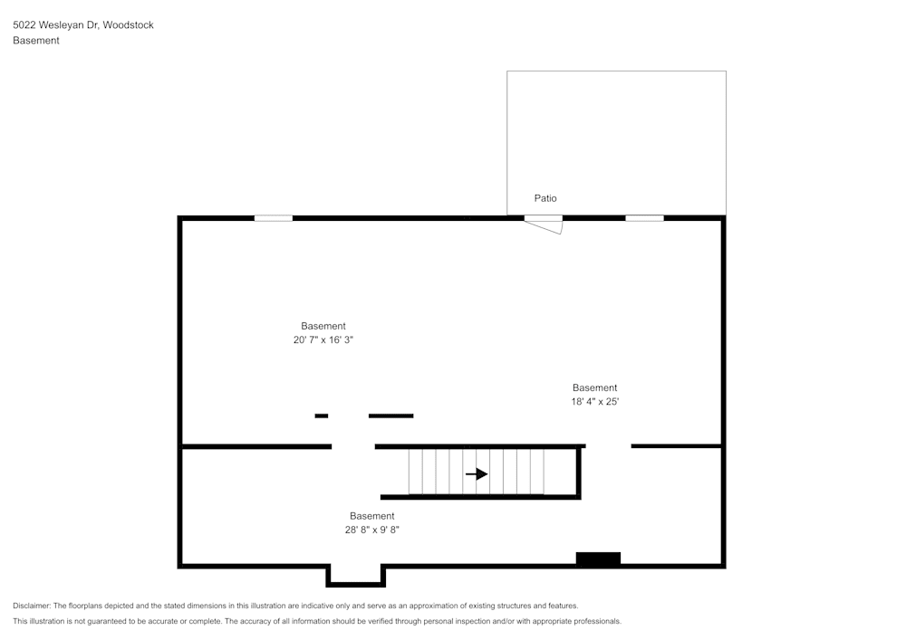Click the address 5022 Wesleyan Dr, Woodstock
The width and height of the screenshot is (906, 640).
82,25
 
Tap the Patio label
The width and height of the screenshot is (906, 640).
545,198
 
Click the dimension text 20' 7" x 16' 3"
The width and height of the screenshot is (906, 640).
323,340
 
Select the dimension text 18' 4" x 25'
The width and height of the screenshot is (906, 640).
594,402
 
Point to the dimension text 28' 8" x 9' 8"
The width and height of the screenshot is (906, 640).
371,530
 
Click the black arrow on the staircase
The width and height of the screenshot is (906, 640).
477,473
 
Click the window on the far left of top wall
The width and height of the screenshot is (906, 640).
273,218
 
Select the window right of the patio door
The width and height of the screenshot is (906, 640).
644,218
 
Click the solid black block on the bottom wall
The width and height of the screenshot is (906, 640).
598,559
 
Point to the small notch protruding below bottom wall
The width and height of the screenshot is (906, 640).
356,577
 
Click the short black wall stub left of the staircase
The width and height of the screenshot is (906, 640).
321,416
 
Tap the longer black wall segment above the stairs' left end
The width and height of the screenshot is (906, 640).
390,416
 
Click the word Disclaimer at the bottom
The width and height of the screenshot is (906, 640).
32,606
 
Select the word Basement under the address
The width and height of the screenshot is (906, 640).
36,41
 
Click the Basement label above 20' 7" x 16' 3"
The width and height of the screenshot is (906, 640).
323,326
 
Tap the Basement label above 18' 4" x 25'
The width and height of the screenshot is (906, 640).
594,387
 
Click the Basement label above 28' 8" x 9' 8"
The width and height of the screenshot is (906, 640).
371,516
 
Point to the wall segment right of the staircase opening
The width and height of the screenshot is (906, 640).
676,446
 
